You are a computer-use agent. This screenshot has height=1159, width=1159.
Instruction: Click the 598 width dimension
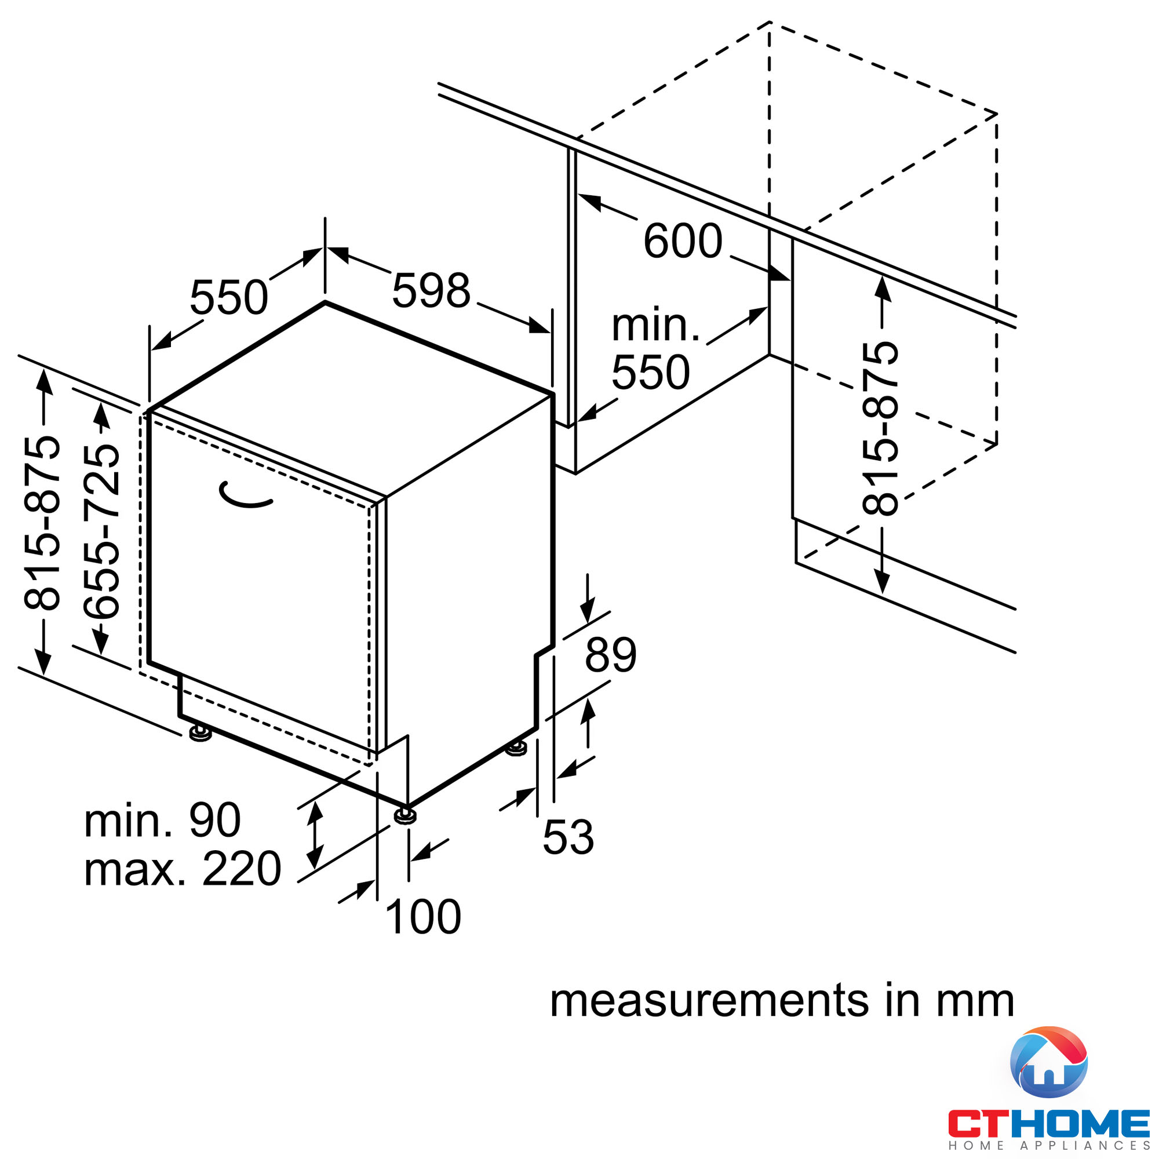431,290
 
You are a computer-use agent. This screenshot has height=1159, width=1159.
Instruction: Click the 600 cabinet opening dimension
683,240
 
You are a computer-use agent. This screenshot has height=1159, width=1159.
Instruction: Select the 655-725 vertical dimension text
101,531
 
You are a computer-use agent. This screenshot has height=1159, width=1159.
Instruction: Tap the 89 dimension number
611,654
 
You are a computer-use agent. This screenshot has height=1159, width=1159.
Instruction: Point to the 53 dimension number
568,837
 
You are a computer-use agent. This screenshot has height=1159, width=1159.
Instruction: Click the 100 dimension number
423,917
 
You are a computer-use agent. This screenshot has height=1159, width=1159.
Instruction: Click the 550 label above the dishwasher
228,297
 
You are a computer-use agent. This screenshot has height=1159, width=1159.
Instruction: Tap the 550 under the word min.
650,372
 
